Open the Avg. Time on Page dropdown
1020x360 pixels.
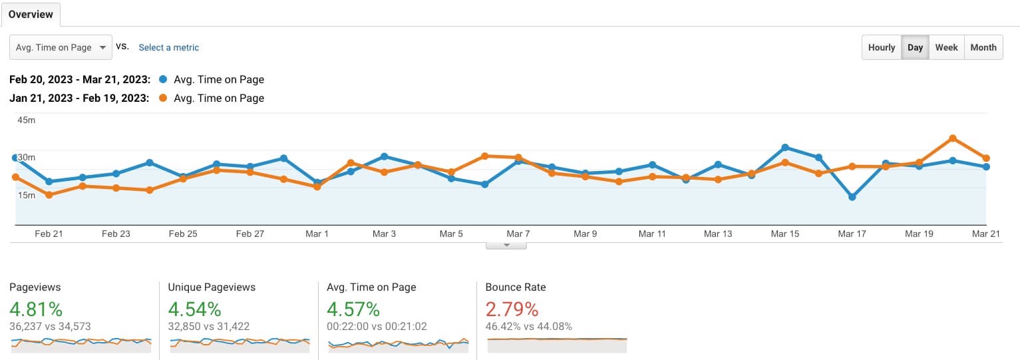[x=61, y=47]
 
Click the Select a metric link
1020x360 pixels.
[x=168, y=47]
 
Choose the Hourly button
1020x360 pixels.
[x=882, y=47]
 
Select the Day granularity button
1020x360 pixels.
[x=915, y=47]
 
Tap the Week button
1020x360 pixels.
[x=946, y=47]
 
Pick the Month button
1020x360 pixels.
[x=983, y=47]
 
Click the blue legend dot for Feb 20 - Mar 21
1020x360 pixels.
[x=164, y=80]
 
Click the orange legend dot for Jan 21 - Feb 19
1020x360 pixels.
[x=164, y=98]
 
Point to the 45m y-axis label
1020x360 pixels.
[x=26, y=120]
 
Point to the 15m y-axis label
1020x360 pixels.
[x=26, y=195]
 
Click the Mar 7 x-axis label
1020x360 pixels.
[x=518, y=234]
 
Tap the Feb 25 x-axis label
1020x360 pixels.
[x=183, y=234]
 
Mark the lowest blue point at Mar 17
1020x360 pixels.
[x=852, y=197]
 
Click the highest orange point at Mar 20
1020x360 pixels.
[x=953, y=138]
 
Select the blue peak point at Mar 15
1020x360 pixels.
[x=785, y=147]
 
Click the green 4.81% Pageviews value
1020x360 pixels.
[x=36, y=309]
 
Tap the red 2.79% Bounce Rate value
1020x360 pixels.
[x=512, y=309]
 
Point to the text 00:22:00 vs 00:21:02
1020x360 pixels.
[x=377, y=326]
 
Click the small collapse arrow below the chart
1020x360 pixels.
[x=506, y=245]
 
